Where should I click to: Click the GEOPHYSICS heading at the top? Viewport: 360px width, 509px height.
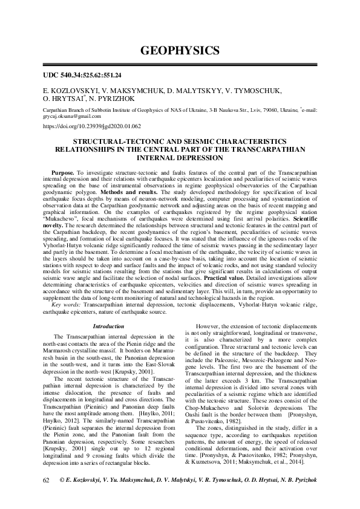(x=180, y=49)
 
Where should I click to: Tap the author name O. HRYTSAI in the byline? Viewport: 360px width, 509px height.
(x=65, y=99)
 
